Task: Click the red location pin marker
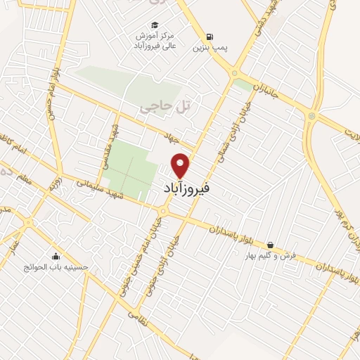181,165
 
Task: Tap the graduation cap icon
164,25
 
